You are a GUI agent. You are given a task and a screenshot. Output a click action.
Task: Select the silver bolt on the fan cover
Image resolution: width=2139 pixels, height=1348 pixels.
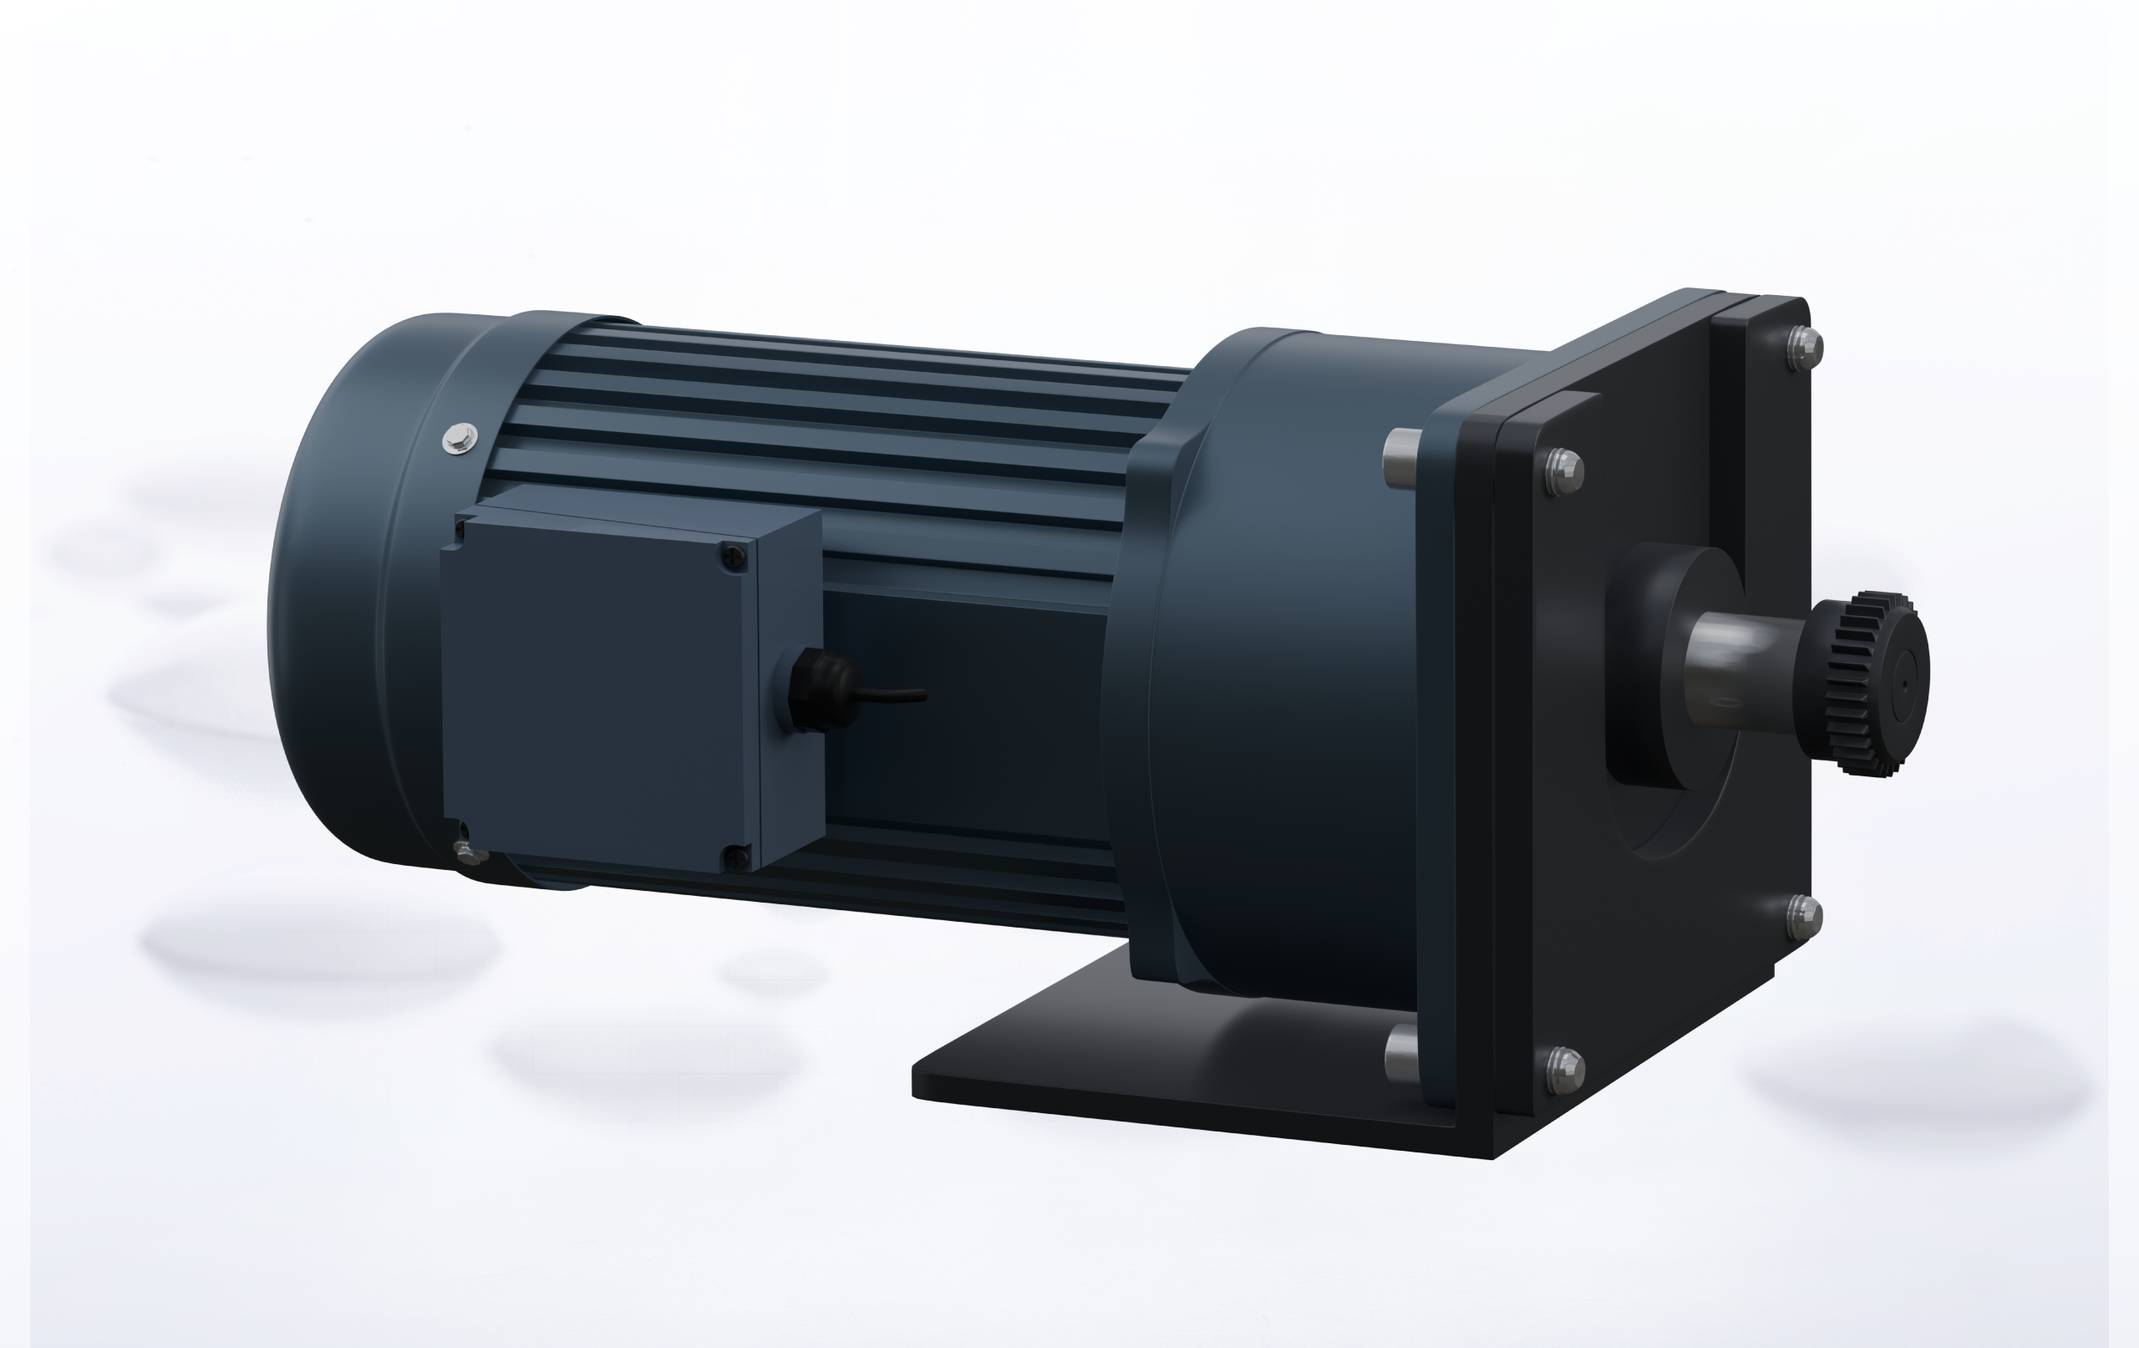(x=460, y=437)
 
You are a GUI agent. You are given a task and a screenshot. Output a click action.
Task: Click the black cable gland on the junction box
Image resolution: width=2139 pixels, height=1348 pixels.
(x=814, y=689)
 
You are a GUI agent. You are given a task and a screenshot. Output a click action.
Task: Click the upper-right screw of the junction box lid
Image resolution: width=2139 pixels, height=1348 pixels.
(x=733, y=557)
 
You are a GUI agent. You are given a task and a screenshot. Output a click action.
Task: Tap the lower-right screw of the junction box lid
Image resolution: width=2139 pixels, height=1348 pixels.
(x=736, y=857)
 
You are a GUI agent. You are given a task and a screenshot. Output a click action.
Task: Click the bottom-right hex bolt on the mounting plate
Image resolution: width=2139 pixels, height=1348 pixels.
(x=1802, y=914)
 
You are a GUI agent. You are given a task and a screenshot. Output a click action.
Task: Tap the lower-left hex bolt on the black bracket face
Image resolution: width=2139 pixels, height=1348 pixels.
(x=1564, y=1069)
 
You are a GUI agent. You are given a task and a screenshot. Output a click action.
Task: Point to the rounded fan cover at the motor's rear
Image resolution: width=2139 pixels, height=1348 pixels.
(x=338, y=595)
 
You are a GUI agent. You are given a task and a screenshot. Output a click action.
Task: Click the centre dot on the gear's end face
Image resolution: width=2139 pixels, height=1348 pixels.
(x=1904, y=684)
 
